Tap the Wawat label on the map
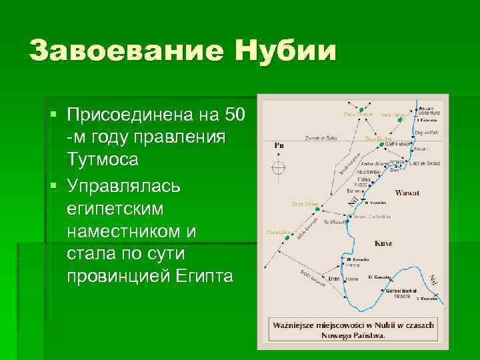tap(407, 193)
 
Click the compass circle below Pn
tap(279, 167)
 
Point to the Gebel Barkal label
tap(400, 291)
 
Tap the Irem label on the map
tap(333, 277)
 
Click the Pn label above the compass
tap(279, 145)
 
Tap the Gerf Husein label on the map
tap(399, 143)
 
